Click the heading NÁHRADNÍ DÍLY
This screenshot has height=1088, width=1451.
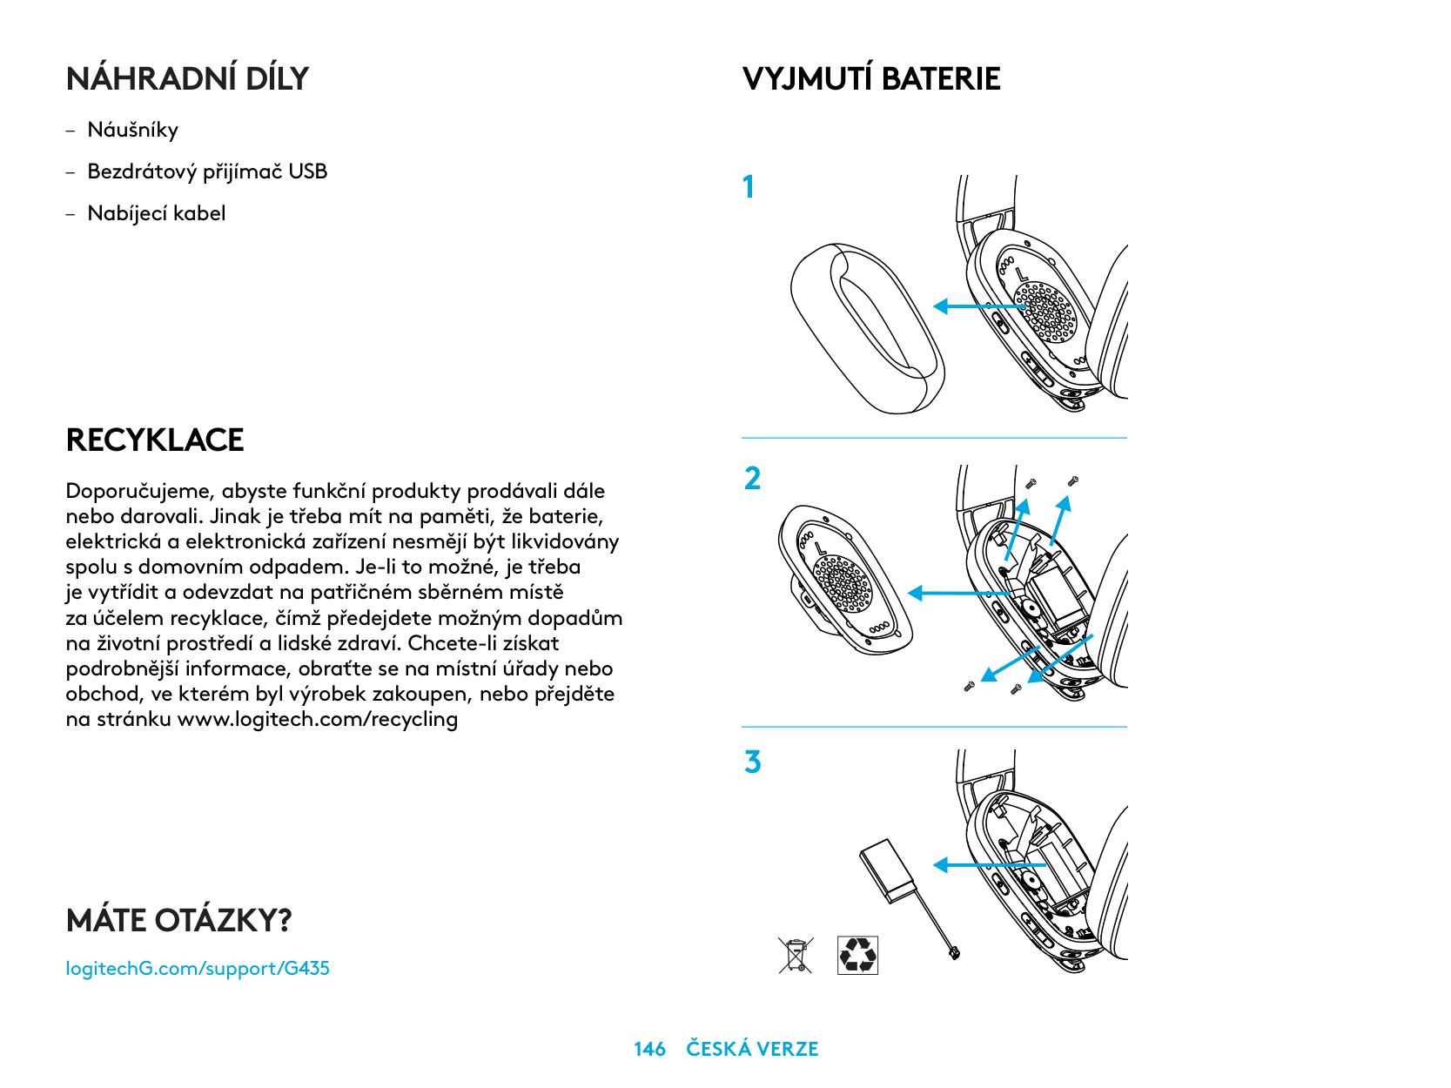point(187,79)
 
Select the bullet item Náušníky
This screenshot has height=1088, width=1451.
point(132,131)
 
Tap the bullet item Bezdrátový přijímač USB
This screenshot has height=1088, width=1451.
point(207,171)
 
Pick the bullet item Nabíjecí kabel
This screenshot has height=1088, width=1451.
point(157,213)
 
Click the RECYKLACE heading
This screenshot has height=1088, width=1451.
point(155,440)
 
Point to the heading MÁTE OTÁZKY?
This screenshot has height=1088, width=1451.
point(178,920)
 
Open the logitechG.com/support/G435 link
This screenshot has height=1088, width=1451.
point(198,968)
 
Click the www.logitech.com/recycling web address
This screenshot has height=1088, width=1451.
point(318,720)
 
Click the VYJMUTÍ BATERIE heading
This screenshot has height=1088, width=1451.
point(871,79)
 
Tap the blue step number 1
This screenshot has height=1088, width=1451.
point(748,187)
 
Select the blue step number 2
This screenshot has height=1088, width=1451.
point(752,479)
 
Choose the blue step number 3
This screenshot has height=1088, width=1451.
point(752,762)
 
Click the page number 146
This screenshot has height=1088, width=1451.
point(649,1049)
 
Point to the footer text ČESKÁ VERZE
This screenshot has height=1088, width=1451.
point(752,1049)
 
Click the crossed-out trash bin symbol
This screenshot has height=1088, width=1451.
point(796,955)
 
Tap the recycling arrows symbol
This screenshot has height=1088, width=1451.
point(857,955)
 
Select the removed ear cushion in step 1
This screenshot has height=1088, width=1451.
point(866,328)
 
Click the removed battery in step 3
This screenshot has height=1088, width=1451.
point(890,870)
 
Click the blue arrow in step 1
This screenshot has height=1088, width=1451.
point(979,306)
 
